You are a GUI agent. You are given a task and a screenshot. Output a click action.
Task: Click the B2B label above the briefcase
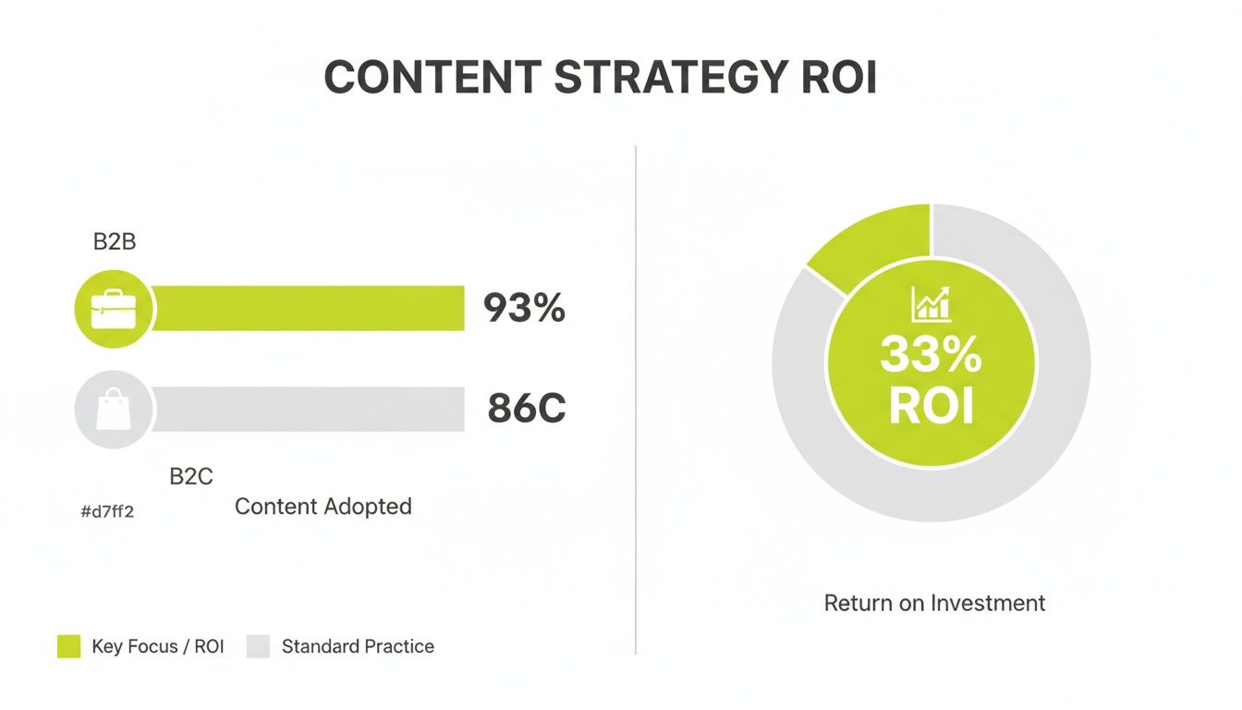click(x=115, y=242)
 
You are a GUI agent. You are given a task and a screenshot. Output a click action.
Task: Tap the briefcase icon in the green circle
click(x=113, y=309)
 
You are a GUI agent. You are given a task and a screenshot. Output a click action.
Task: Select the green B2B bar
click(x=308, y=309)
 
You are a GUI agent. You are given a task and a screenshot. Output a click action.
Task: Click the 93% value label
click(x=524, y=309)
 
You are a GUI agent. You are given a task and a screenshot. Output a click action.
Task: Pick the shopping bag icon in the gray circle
click(x=113, y=410)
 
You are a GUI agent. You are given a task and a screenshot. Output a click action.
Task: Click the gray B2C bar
click(x=308, y=410)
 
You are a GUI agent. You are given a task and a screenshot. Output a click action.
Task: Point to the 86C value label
click(x=526, y=409)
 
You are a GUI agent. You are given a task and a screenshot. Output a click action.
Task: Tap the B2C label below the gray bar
click(x=191, y=477)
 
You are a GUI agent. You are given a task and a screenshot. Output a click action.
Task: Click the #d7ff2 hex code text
click(x=107, y=511)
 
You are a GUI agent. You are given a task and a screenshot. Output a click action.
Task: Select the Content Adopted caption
click(x=323, y=507)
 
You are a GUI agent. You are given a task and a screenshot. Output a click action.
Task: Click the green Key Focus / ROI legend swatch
click(x=69, y=646)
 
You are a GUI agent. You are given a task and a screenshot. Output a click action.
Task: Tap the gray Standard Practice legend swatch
click(x=258, y=646)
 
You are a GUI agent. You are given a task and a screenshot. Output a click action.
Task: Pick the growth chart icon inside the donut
click(x=931, y=304)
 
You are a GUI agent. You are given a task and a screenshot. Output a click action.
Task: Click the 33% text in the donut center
click(x=931, y=355)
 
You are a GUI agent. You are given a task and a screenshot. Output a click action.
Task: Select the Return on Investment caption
click(x=934, y=604)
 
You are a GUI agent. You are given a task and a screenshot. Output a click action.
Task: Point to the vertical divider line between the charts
click(x=636, y=398)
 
